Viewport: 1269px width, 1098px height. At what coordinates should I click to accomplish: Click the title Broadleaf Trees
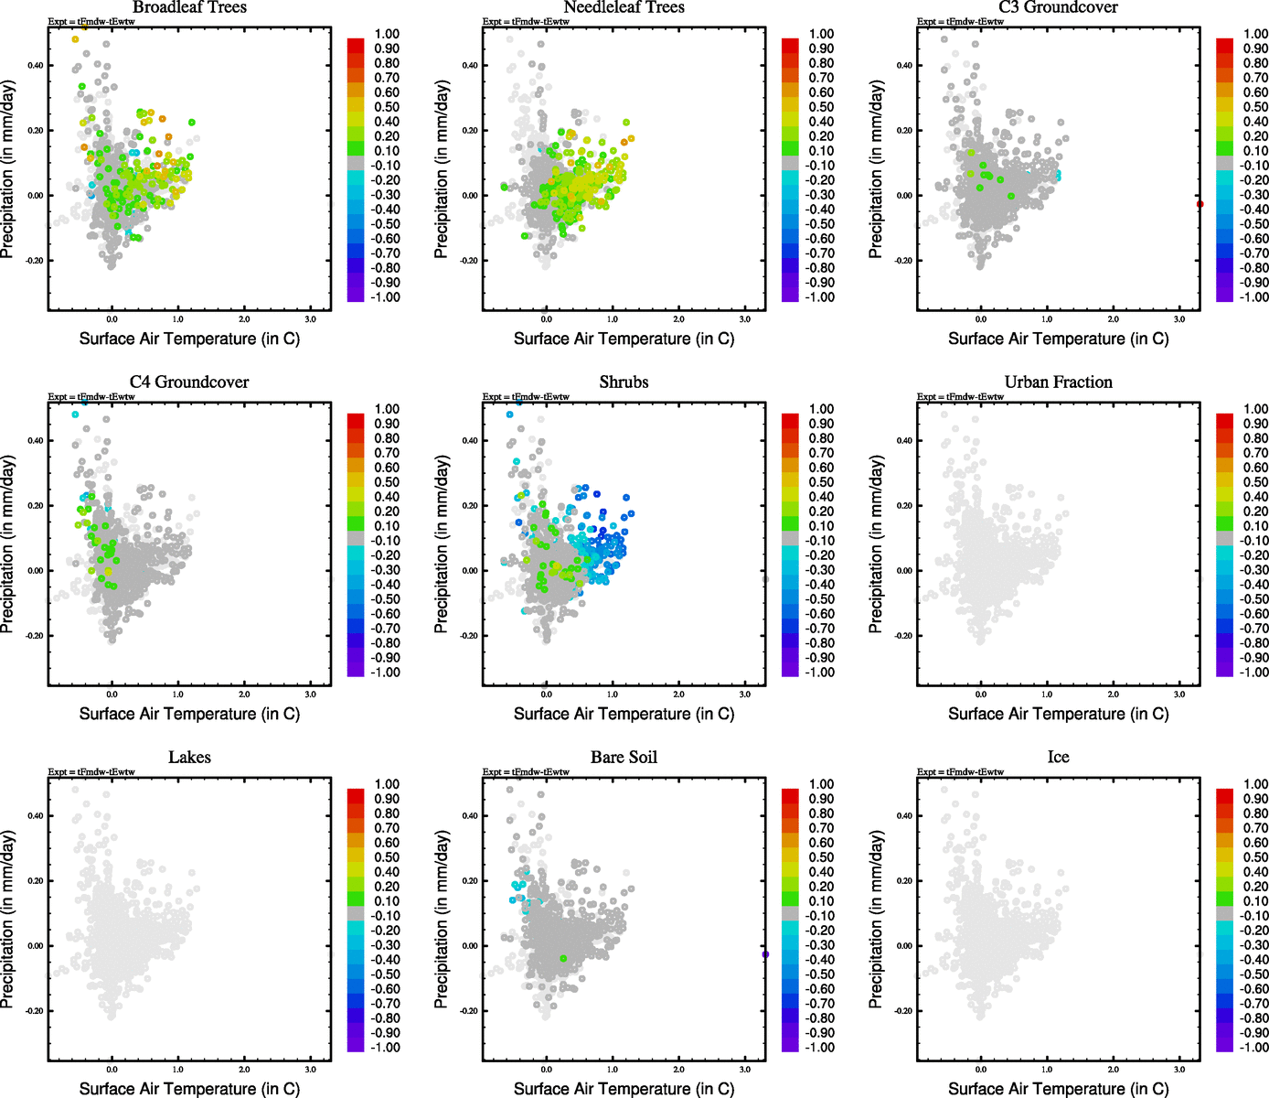point(189,7)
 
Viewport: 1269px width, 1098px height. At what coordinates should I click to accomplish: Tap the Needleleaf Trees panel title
point(624,7)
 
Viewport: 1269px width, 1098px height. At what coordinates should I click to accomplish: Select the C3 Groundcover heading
point(1058,7)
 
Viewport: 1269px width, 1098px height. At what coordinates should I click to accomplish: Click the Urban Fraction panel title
point(1058,382)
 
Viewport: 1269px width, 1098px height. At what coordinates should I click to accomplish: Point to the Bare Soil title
point(624,758)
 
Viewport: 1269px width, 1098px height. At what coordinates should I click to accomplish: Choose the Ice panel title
point(1058,758)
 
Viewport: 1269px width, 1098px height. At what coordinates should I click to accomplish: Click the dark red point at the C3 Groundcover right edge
point(1200,204)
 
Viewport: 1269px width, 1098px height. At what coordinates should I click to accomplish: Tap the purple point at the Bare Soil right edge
point(765,954)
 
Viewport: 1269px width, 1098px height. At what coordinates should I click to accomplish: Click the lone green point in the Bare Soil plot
point(563,958)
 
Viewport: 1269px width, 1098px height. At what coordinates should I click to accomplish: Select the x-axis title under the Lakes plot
point(189,1089)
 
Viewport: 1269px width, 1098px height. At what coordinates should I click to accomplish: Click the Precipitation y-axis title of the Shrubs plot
point(442,544)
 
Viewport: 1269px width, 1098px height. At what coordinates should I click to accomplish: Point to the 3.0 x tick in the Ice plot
point(1179,1070)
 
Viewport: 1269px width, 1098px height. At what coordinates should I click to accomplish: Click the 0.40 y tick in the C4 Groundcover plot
point(35,441)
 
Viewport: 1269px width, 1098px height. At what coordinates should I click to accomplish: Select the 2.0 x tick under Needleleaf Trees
point(678,319)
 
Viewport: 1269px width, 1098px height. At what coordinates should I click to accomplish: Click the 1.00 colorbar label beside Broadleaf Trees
point(387,34)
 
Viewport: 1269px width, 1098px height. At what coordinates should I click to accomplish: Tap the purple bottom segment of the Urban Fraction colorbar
point(1224,671)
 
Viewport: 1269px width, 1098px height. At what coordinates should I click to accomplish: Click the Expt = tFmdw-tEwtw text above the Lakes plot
point(91,772)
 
